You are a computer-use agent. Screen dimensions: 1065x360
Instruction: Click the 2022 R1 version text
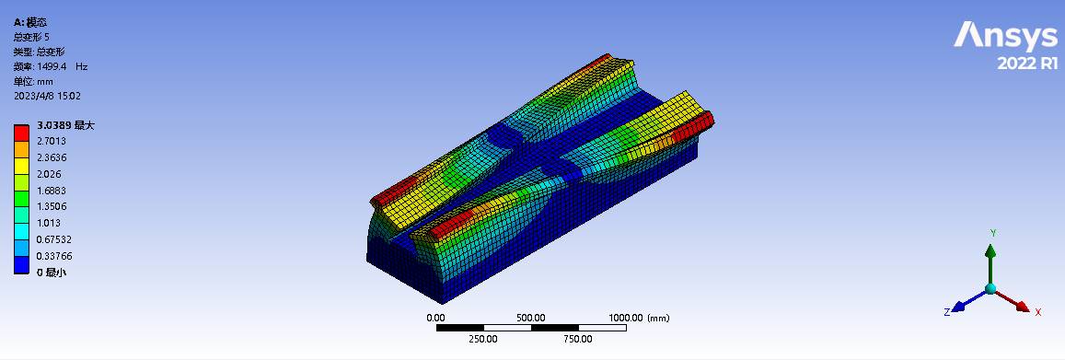click(1027, 64)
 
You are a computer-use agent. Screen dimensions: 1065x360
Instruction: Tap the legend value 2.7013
click(51, 141)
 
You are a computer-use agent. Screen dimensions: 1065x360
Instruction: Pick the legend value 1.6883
click(51, 191)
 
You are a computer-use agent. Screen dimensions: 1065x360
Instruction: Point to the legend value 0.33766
click(53, 256)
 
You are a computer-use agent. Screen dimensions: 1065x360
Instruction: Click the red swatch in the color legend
click(22, 133)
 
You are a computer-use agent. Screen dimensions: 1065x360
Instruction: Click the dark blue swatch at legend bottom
click(22, 265)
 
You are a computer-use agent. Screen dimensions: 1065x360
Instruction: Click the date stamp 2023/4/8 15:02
click(48, 97)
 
